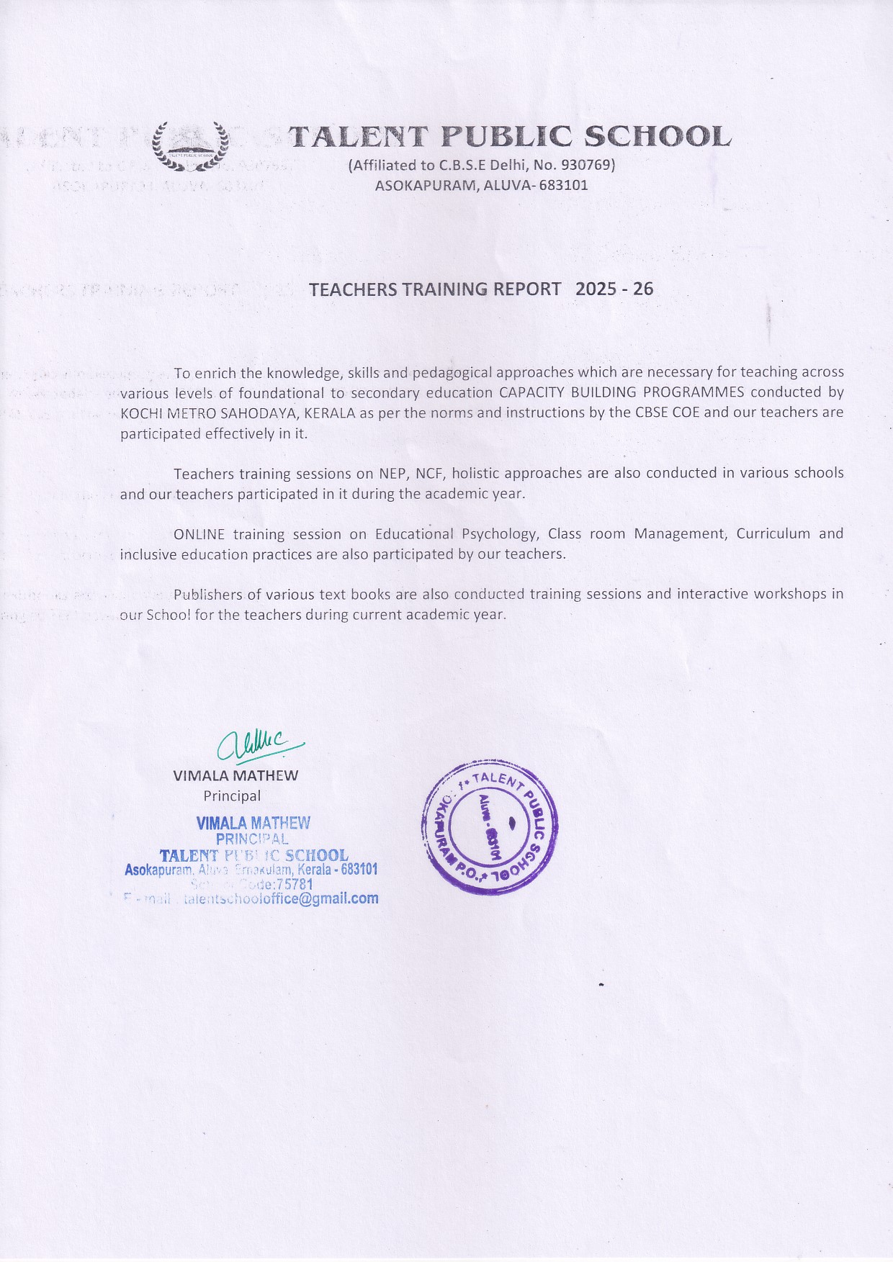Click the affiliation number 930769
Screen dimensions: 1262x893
coord(585,165)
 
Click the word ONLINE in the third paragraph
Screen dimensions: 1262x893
coord(199,534)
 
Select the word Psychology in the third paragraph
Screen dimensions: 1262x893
coord(499,534)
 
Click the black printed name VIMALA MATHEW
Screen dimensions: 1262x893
coord(235,775)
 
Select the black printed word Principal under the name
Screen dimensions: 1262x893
coord(232,795)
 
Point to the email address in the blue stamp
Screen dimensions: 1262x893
coord(281,898)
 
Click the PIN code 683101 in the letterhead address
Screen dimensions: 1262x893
coord(565,185)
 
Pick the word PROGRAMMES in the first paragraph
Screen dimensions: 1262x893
coord(691,392)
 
